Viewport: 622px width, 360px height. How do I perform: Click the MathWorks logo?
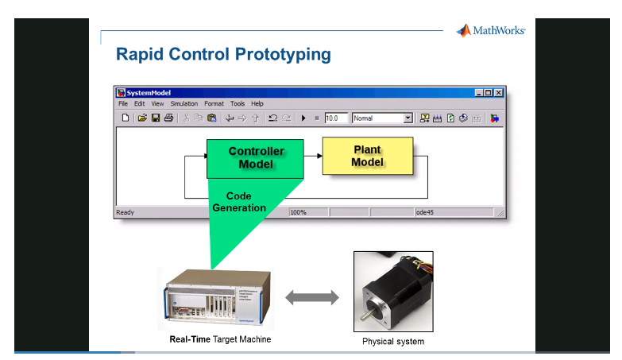coord(490,31)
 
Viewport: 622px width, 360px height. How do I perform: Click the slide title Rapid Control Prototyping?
coord(223,55)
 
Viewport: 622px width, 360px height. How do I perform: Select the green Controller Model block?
coord(256,157)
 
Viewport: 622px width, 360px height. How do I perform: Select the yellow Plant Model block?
coord(367,156)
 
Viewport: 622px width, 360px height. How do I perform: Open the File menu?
coord(123,103)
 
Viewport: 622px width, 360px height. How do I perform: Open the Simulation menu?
coord(184,103)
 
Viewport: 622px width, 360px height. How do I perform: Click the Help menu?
coord(257,103)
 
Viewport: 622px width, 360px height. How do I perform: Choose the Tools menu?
coord(238,103)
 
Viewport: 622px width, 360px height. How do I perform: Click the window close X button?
coord(498,92)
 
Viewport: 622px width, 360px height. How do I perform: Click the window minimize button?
coord(479,92)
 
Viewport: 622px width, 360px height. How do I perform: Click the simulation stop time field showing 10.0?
coord(336,118)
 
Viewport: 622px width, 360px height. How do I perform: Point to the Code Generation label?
coord(239,202)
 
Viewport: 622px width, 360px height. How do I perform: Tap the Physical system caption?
coord(393,342)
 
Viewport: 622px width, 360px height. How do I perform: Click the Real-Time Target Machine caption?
coord(220,339)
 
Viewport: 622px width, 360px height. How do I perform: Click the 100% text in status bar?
coord(299,212)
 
